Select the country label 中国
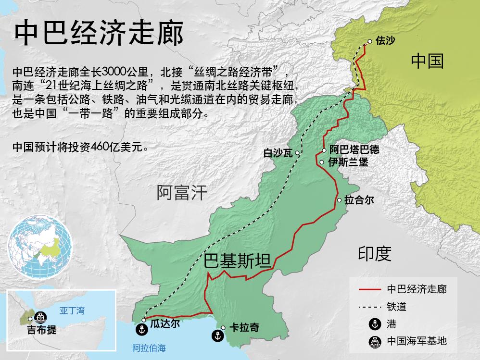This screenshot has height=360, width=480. click(x=427, y=61)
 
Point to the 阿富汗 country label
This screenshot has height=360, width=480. click(x=182, y=193)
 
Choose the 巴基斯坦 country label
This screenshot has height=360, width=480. click(x=237, y=261)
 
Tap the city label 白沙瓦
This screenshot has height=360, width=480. click(x=278, y=153)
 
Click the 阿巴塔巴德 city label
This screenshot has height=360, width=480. click(x=354, y=150)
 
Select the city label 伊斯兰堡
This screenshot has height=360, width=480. click(x=348, y=162)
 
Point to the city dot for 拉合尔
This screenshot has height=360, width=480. click(x=340, y=200)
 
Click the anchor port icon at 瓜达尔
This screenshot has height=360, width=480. click(x=141, y=330)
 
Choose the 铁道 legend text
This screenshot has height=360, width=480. click(x=397, y=307)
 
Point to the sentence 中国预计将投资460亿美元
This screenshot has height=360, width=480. click(x=80, y=147)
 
